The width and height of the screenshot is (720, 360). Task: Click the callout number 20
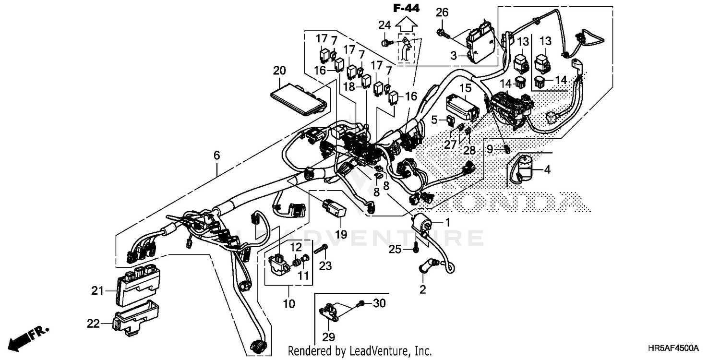pos(279,71)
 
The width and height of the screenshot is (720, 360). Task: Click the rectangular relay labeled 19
pos(334,207)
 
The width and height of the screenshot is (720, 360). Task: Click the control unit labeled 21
pos(135,287)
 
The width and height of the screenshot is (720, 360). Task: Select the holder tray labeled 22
pos(134,318)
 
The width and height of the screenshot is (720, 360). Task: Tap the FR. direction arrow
pos(26,337)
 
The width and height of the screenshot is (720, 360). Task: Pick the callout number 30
pos(379,303)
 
